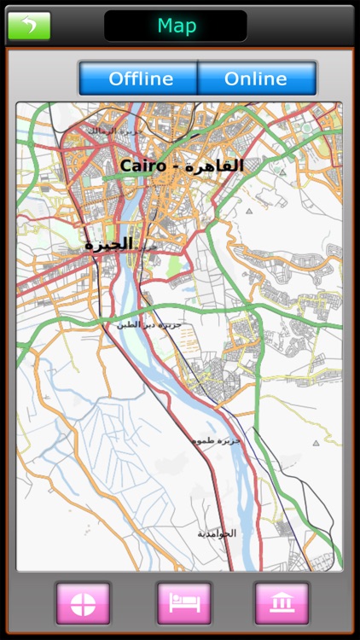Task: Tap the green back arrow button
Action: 29,26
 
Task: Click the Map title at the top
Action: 176,26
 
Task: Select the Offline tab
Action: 140,79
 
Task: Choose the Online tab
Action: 256,79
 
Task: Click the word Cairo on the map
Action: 142,166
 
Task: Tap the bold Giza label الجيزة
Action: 108,244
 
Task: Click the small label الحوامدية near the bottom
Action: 217,533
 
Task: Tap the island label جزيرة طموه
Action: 217,439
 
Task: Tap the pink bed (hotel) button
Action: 184,603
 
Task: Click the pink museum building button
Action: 282,603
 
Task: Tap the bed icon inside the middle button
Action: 184,603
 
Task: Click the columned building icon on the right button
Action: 282,603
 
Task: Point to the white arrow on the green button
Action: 29,26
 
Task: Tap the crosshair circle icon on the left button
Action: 83,603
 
